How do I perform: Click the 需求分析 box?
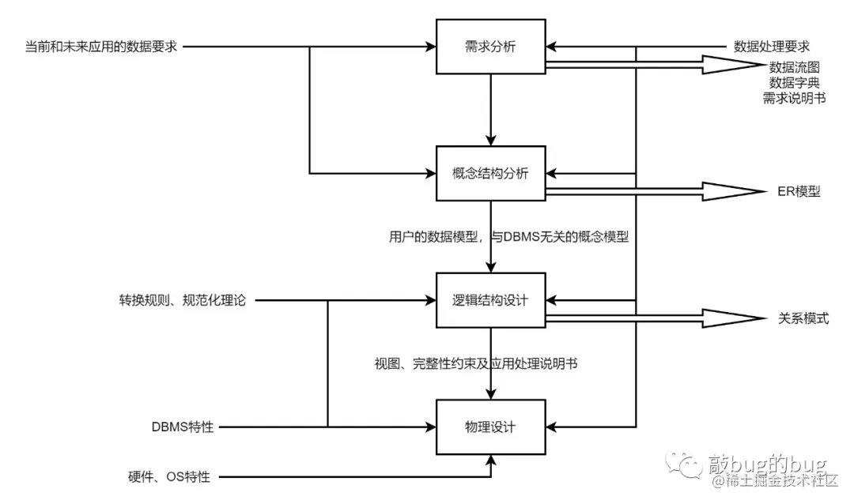coord(491,47)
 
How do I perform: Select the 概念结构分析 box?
coord(491,173)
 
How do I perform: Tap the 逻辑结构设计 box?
coord(491,300)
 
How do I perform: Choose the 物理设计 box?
coord(491,427)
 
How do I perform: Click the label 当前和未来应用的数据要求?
coord(101,47)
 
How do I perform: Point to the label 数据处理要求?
coord(772,47)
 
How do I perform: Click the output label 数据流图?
coord(794,69)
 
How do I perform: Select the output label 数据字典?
coord(794,83)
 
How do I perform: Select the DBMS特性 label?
coord(183,427)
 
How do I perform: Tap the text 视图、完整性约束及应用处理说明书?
coord(475,364)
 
